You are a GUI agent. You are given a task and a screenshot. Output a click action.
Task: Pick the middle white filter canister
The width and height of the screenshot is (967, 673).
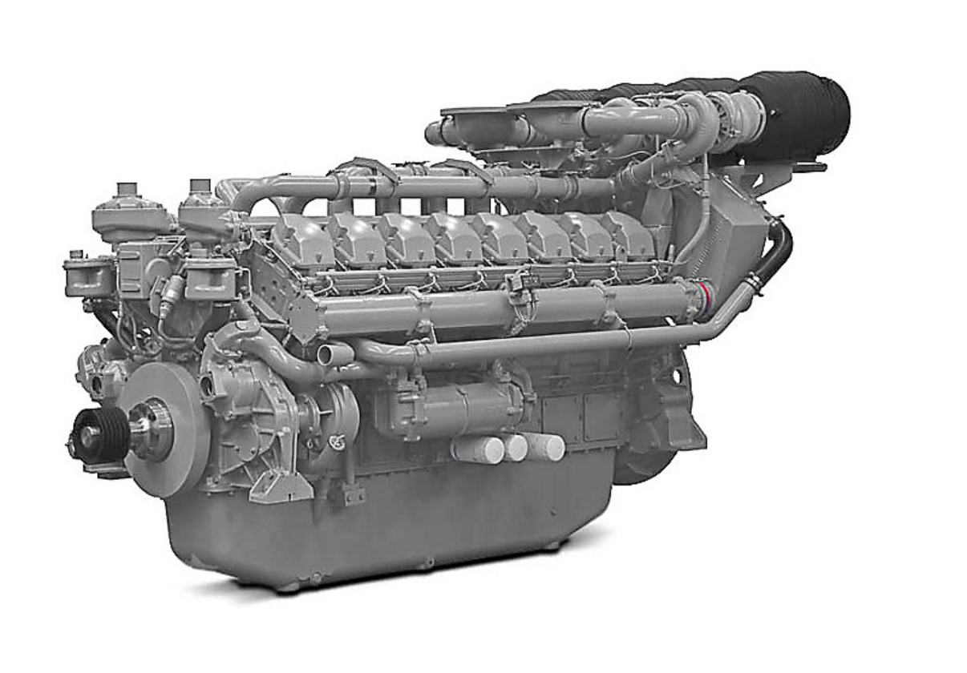(x=513, y=447)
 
